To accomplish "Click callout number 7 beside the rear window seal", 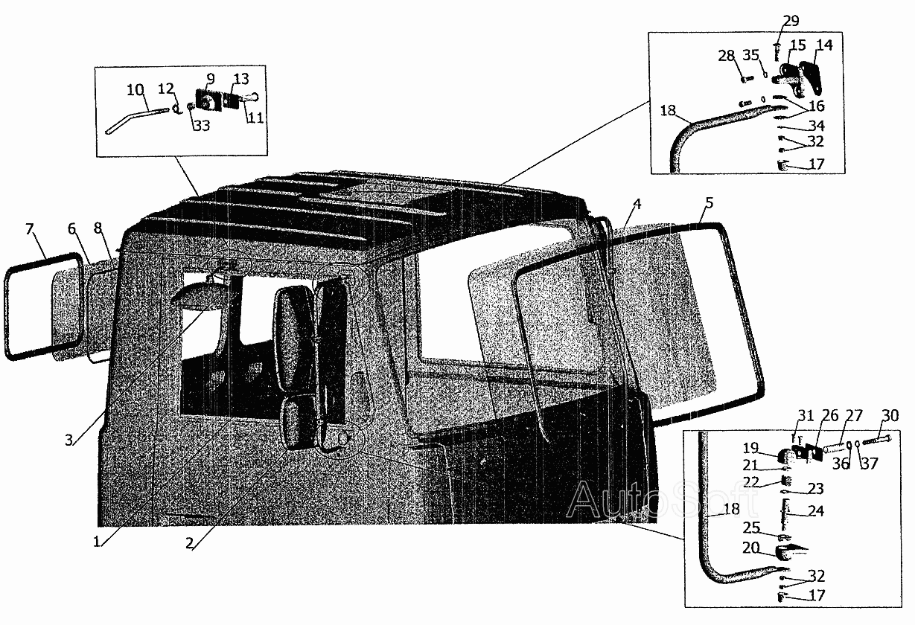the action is pyautogui.click(x=29, y=229).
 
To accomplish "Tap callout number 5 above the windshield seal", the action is pyautogui.click(x=709, y=203).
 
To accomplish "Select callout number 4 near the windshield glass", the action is pyautogui.click(x=637, y=204).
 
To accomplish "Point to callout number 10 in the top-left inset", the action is pyautogui.click(x=136, y=90).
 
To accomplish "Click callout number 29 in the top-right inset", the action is pyautogui.click(x=791, y=20).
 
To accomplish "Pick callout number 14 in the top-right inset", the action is pyautogui.click(x=825, y=45).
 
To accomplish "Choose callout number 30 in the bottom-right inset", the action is pyautogui.click(x=890, y=416).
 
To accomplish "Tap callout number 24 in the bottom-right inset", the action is pyautogui.click(x=815, y=510).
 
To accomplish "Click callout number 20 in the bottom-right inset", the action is pyautogui.click(x=750, y=548).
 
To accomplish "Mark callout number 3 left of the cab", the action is pyautogui.click(x=69, y=440).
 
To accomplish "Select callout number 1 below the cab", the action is pyautogui.click(x=97, y=542).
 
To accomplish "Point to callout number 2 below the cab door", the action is pyautogui.click(x=189, y=543).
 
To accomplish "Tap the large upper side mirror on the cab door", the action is pyautogui.click(x=295, y=339).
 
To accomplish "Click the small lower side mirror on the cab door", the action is pyautogui.click(x=299, y=423).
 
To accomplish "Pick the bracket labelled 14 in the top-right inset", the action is pyautogui.click(x=811, y=78).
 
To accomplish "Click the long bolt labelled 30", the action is pyautogui.click(x=877, y=442).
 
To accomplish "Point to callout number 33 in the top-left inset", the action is pyautogui.click(x=201, y=125).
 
